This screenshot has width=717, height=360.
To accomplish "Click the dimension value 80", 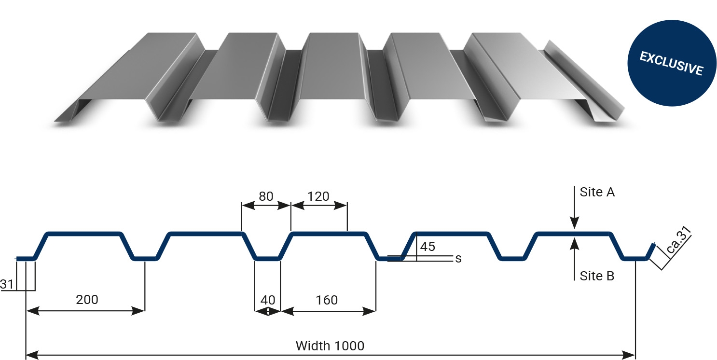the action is pyautogui.click(x=266, y=196).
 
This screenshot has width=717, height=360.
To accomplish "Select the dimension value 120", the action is pyautogui.click(x=318, y=196).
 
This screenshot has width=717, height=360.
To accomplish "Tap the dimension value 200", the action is pyautogui.click(x=87, y=300).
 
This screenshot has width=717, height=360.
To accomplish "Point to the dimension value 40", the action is pyautogui.click(x=268, y=300).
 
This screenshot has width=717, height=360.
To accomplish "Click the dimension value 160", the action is pyautogui.click(x=327, y=300).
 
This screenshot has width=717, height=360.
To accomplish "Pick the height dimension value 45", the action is pyautogui.click(x=427, y=247).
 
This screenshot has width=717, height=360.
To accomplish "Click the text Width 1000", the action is pyautogui.click(x=330, y=346).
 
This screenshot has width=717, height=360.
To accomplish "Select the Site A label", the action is pyautogui.click(x=597, y=192).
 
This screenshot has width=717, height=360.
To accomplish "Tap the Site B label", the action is pyautogui.click(x=597, y=276).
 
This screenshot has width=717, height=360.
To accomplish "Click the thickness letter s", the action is pyautogui.click(x=458, y=259).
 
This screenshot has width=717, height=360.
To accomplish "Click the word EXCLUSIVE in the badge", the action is pyautogui.click(x=671, y=63).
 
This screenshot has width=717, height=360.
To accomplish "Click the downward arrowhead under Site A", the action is pyautogui.click(x=575, y=223).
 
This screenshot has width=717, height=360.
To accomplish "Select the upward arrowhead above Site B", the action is pyautogui.click(x=575, y=244).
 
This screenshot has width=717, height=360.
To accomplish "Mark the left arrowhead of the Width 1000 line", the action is pyautogui.click(x=32, y=355).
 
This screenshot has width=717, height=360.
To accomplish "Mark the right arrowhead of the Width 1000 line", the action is pyautogui.click(x=629, y=355).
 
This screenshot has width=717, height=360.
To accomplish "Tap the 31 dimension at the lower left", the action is pyautogui.click(x=7, y=284).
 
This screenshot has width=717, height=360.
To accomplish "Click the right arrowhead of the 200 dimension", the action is pyautogui.click(x=138, y=311).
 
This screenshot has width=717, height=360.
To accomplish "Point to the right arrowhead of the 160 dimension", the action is pyautogui.click(x=369, y=311).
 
